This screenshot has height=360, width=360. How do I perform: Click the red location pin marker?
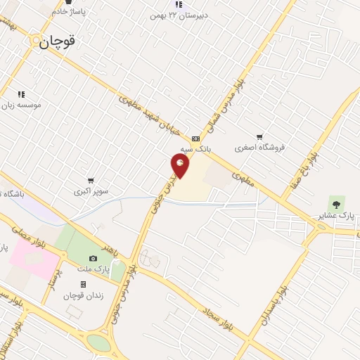point(181,165)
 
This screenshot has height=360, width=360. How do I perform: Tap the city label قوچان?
point(57,42)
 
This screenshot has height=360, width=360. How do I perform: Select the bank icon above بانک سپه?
point(195,139)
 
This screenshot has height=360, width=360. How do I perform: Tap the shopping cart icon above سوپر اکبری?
point(90,181)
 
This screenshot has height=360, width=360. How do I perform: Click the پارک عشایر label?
point(335,215)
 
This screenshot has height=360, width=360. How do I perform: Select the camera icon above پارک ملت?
point(93,258)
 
